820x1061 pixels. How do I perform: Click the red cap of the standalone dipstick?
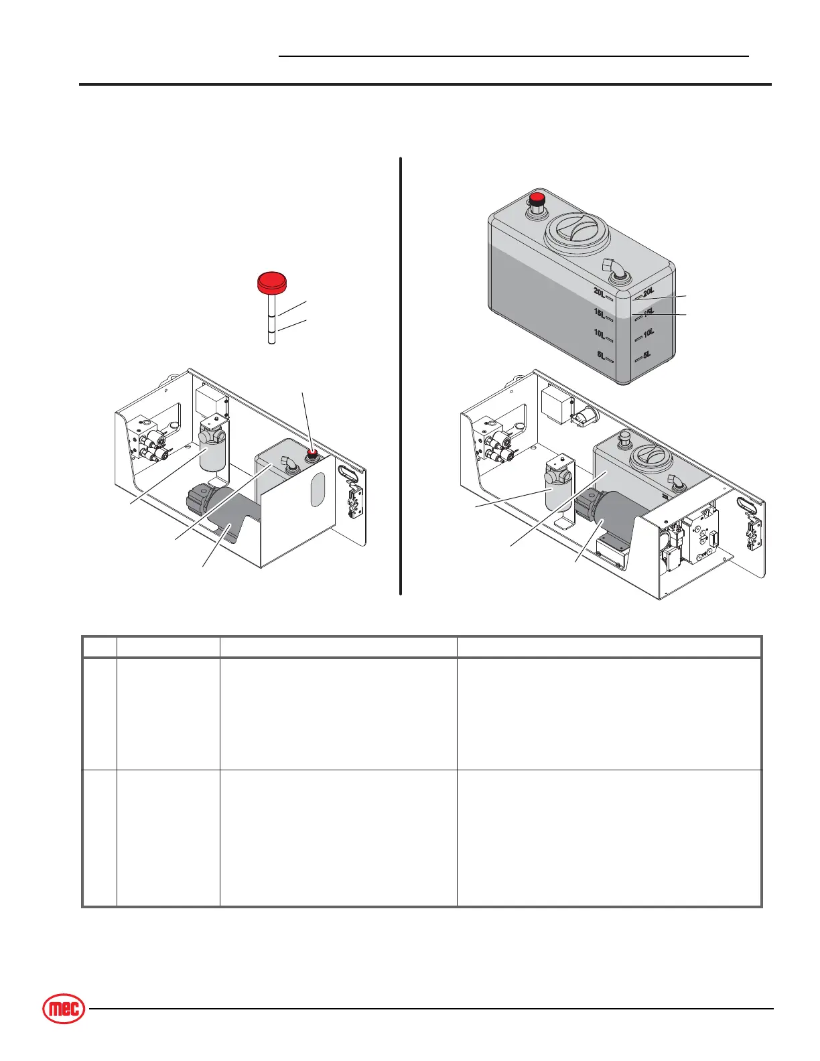coord(272,282)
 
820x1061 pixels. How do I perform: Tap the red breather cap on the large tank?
coord(537,200)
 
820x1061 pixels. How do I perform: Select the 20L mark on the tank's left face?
coord(600,292)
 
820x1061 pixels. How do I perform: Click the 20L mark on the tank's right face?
coord(648,292)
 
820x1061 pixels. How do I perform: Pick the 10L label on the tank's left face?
coord(600,334)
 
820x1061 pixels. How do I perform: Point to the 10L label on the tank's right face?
coord(648,333)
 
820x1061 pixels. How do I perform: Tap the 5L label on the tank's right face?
coord(647,355)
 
